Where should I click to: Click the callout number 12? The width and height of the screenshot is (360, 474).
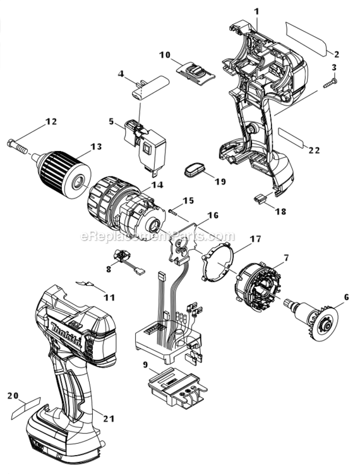[51, 121]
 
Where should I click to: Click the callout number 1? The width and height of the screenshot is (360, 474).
[256, 11]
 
